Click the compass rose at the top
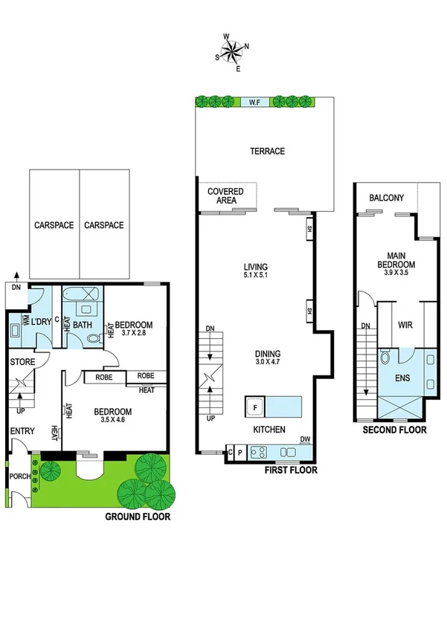click(x=232, y=51)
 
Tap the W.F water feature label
click(x=254, y=102)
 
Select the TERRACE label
click(x=267, y=151)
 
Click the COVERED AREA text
click(x=225, y=195)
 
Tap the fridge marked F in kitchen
click(x=255, y=407)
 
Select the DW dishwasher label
click(x=305, y=439)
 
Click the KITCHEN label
click(x=268, y=430)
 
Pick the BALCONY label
click(x=387, y=198)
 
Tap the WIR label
click(x=406, y=325)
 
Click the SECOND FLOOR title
click(x=394, y=430)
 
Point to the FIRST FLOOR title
click(x=291, y=470)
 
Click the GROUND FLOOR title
click(x=137, y=516)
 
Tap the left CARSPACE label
click(x=54, y=225)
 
